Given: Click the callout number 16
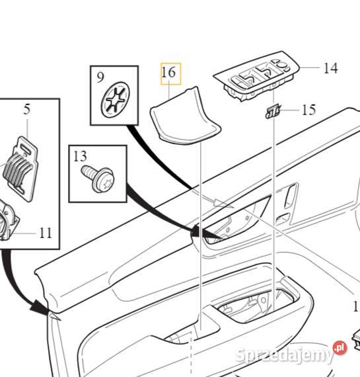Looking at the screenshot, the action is click(x=169, y=72).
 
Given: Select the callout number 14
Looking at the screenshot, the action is click(x=331, y=68).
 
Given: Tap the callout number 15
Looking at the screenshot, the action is click(x=308, y=110).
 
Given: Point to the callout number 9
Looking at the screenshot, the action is click(x=100, y=77).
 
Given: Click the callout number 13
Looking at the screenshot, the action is click(x=80, y=156).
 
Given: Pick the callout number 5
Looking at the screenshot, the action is click(x=27, y=109).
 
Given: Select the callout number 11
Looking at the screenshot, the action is click(x=46, y=233).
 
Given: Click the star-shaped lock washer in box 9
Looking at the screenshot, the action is click(x=116, y=100).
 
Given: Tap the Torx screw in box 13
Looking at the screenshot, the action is click(x=98, y=179).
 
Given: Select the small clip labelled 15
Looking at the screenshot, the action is click(x=273, y=112).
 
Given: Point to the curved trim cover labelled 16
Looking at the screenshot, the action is click(x=185, y=117).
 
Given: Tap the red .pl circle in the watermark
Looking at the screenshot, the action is click(x=340, y=348).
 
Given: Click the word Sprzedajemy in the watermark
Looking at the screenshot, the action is click(x=284, y=355).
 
